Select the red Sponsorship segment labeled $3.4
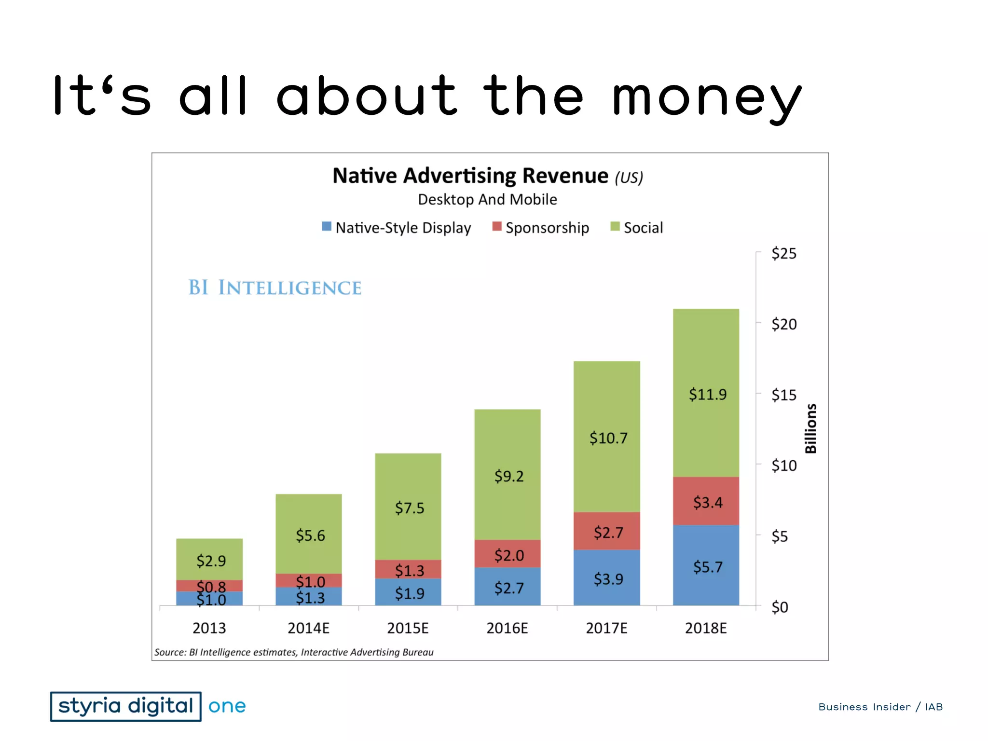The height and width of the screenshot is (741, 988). (706, 501)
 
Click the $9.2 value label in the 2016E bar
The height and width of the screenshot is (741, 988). (508, 476)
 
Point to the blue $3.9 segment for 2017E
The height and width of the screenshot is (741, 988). (607, 577)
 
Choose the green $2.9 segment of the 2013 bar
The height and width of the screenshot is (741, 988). (210, 560)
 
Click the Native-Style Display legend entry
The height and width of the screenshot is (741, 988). (397, 228)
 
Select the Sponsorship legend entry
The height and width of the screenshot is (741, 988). (541, 228)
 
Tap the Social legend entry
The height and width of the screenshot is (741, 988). (637, 228)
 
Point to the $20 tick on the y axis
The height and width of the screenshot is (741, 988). (783, 324)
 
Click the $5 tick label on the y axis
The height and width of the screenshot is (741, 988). (779, 536)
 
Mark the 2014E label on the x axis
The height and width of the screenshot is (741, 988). (308, 628)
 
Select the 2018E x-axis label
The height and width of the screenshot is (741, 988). (705, 628)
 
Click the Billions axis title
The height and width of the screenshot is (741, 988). (811, 428)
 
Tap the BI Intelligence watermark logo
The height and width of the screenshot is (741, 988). (274, 288)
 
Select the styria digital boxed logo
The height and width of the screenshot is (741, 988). (125, 706)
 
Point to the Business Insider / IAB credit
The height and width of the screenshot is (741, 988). (880, 707)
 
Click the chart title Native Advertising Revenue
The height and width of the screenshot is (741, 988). (470, 176)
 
